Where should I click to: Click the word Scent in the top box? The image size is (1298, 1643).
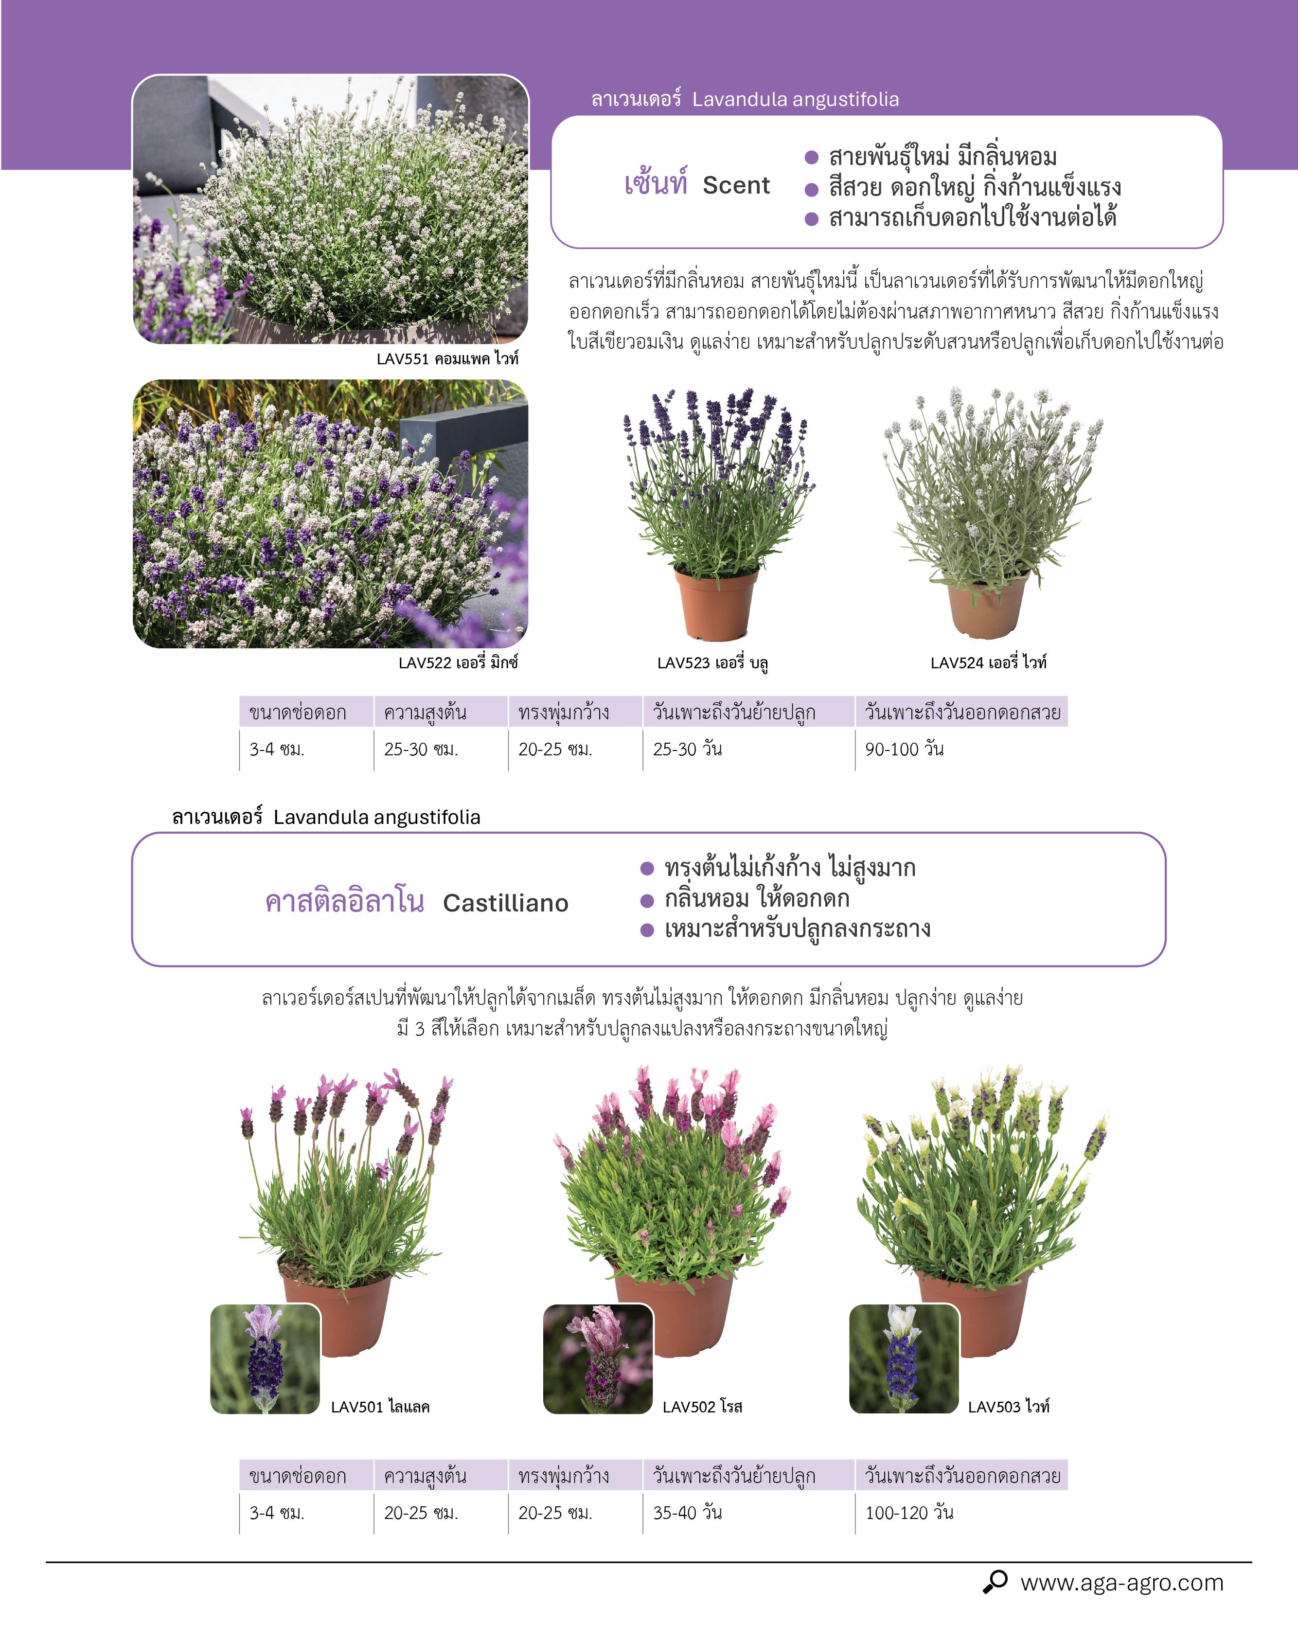[x=736, y=185]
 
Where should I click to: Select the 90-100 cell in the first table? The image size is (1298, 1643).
[x=905, y=750]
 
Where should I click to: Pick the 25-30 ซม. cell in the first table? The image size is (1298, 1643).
[x=420, y=750]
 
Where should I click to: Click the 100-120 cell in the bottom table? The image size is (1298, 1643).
[x=909, y=1512]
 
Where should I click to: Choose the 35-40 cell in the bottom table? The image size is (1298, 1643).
[x=687, y=1512]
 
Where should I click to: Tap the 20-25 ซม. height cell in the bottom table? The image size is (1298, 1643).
[x=420, y=1512]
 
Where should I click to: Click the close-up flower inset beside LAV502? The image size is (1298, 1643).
[x=598, y=1359]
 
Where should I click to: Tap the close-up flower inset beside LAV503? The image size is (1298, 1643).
[x=904, y=1359]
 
